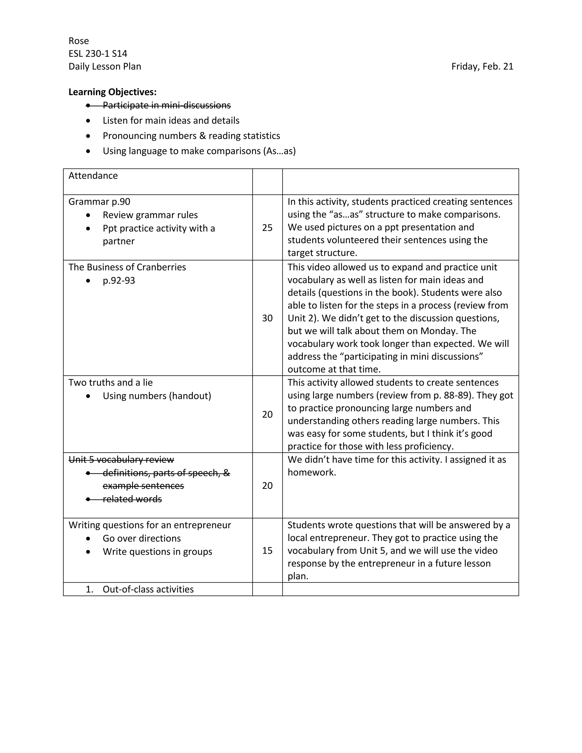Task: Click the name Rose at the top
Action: [79, 41]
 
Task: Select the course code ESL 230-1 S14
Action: [98, 54]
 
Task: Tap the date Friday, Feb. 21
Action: [482, 66]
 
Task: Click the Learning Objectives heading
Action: [113, 92]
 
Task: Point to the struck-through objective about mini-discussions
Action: [167, 105]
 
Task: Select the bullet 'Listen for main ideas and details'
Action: [171, 121]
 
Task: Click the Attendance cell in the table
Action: [93, 176]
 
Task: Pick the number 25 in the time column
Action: [267, 228]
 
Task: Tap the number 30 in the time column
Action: [267, 318]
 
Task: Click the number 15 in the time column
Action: [267, 551]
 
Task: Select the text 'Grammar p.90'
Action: [99, 202]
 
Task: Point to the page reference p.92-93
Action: [119, 281]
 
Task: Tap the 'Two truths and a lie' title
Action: [110, 383]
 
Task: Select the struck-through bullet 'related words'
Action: [132, 499]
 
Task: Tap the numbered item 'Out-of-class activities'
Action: [148, 589]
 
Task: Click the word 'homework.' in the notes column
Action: [312, 472]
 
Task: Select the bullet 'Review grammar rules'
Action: [150, 215]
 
